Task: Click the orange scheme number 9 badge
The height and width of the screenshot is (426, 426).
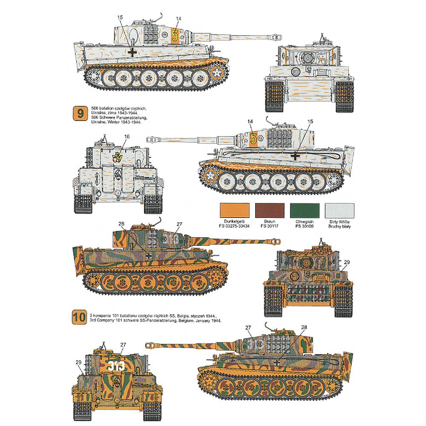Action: [x=79, y=114]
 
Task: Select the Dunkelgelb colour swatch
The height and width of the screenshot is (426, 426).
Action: [x=234, y=210]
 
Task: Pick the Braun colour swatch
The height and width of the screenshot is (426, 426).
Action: [x=269, y=210]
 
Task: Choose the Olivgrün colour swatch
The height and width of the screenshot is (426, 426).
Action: [x=304, y=210]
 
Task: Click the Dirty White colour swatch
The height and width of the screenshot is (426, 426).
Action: [x=339, y=210]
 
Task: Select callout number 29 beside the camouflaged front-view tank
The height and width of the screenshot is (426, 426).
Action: [x=346, y=262]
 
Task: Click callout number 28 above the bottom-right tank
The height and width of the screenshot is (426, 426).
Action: [x=304, y=327]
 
